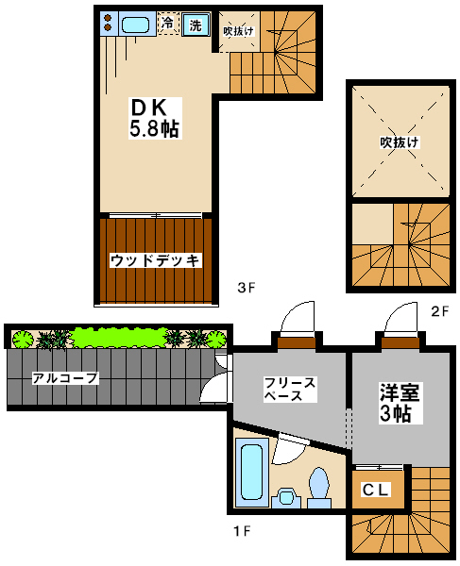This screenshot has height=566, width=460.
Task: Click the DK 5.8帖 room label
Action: click(156, 118)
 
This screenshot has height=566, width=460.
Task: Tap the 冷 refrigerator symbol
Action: click(168, 24)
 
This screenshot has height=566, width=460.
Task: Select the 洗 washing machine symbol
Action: click(196, 25)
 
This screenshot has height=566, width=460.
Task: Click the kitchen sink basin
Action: click(135, 25)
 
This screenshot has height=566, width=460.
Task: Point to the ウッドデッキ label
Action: click(156, 260)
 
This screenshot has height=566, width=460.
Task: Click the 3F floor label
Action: click(247, 288)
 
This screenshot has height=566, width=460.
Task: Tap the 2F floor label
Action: click(440, 311)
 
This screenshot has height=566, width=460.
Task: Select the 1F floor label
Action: click(242, 531)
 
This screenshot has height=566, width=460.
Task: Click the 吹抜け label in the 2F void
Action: click(400, 142)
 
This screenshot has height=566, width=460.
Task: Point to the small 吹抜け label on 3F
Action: click(238, 31)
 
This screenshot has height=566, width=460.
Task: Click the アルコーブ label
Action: click(65, 378)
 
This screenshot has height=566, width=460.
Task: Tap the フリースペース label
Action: click(290, 389)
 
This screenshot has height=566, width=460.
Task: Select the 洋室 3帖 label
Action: click(400, 403)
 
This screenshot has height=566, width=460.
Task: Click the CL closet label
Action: click(375, 490)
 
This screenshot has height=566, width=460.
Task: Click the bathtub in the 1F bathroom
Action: click(251, 473)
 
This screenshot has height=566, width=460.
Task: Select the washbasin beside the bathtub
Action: click(286, 498)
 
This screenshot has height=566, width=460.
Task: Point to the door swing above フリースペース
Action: click(298, 318)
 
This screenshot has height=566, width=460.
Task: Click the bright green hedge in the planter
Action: click(119, 338)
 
